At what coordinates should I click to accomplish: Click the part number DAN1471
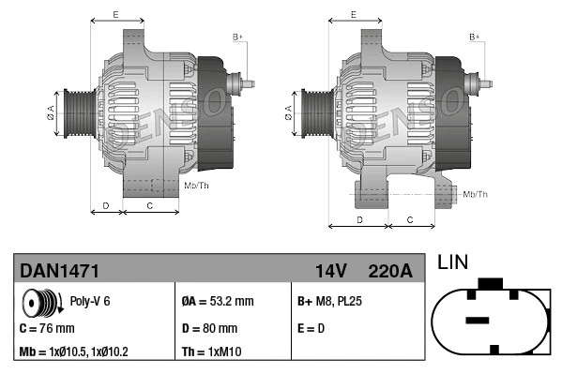[59, 271]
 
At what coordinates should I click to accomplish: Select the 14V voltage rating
[331, 271]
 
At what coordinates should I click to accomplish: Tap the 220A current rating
[391, 271]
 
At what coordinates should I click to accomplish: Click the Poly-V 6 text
[91, 302]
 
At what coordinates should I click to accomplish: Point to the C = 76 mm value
[47, 328]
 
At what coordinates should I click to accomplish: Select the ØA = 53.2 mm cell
[217, 302]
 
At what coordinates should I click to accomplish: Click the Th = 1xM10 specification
[213, 353]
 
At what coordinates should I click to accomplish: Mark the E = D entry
[311, 328]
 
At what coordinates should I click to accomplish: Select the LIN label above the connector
[453, 263]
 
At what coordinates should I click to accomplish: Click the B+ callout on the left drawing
[237, 37]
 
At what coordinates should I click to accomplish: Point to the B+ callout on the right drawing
[475, 37]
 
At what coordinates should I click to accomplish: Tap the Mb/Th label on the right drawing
[475, 194]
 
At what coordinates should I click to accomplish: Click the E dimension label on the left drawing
[114, 14]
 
